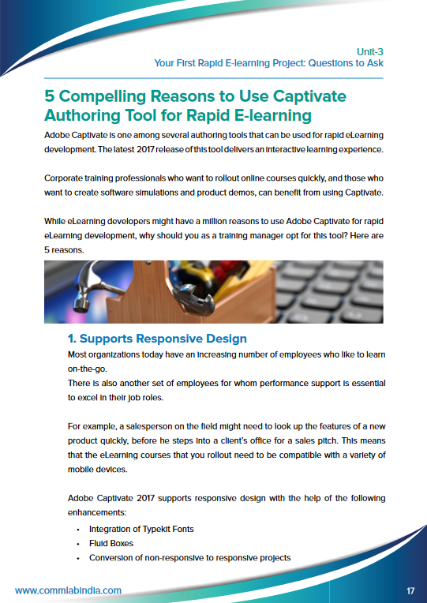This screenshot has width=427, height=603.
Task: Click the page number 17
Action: point(410,590)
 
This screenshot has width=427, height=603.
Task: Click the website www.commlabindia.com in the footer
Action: point(68,590)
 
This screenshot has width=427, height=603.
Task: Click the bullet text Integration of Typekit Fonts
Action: point(141,529)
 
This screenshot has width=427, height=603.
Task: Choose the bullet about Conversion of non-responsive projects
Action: point(189,557)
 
